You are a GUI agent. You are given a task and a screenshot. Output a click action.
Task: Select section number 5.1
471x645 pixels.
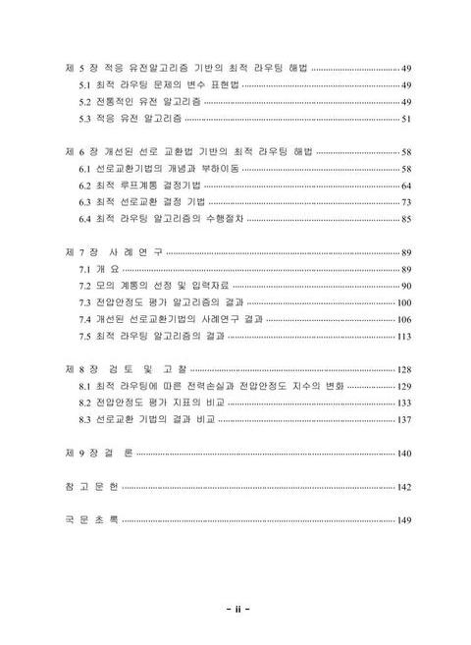84,85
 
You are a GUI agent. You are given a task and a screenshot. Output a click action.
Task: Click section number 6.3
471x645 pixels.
84,201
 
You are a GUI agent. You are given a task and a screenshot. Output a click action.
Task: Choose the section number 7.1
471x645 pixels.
84,269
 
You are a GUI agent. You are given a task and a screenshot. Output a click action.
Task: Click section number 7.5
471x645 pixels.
84,336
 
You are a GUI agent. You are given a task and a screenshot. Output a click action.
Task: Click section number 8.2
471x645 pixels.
84,403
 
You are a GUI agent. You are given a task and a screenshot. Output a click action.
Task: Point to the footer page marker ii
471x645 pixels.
235,608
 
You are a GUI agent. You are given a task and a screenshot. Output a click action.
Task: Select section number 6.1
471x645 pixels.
84,169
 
